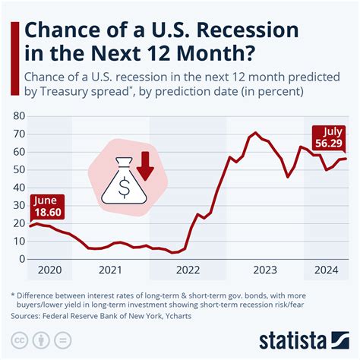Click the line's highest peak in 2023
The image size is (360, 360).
255,133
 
